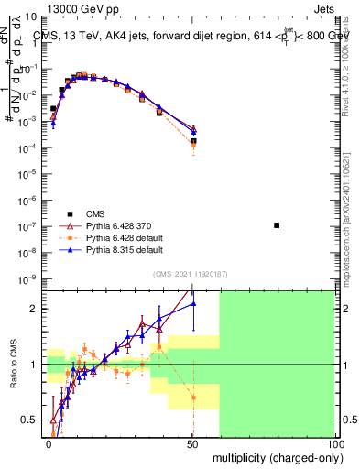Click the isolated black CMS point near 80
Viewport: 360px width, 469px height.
(277, 224)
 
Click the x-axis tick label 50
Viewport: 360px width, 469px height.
(192, 442)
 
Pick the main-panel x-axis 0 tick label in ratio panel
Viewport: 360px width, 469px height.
(49, 442)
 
